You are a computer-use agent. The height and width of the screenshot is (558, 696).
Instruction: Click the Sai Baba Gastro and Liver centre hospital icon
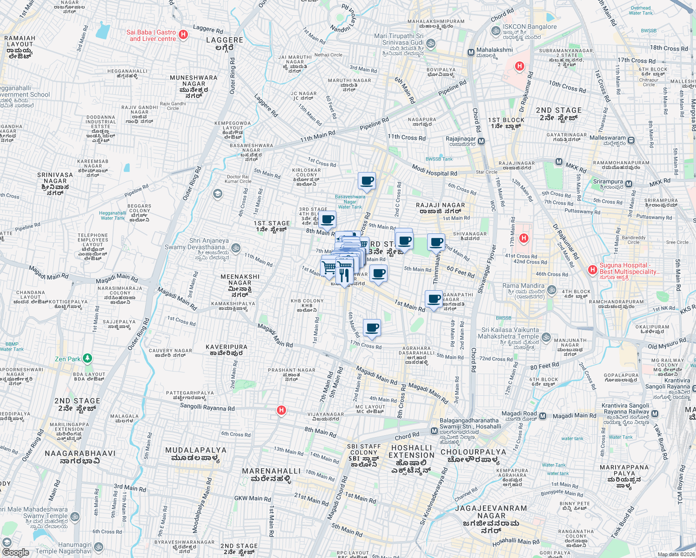(183, 34)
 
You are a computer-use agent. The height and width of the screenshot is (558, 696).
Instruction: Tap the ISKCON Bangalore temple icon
(495, 31)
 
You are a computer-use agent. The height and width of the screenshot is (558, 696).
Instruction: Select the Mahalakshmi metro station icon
(471, 53)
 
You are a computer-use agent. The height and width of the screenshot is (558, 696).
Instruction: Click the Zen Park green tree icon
(87, 359)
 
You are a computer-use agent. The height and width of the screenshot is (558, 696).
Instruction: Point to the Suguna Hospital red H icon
(592, 269)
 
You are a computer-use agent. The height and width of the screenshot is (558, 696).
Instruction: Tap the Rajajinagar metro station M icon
(481, 141)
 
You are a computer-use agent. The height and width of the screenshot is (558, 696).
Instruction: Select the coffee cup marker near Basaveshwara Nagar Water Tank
(367, 180)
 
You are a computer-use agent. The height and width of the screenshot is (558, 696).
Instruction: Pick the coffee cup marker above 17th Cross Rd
(372, 328)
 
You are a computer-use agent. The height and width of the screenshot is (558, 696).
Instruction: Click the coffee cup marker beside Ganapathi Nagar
(434, 299)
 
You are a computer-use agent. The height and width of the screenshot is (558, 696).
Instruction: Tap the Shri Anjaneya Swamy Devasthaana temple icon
(236, 248)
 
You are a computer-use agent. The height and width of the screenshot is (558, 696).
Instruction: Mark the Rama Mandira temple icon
(551, 290)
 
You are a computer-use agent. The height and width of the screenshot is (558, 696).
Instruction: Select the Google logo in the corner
(15, 552)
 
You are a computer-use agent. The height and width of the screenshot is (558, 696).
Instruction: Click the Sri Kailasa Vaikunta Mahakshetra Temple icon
(546, 337)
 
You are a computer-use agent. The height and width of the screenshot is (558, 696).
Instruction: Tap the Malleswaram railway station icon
(631, 140)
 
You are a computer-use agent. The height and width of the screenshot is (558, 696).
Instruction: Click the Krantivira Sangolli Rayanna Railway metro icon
(655, 413)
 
